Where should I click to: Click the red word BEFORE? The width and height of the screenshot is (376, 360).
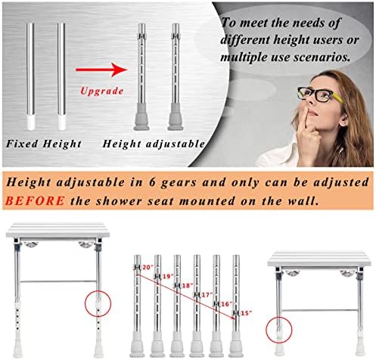pos(35,201)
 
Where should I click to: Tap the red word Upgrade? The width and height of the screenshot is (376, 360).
pos(102,91)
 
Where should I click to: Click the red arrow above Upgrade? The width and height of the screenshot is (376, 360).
pos(101,70)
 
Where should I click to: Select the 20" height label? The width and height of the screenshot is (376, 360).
pos(148,267)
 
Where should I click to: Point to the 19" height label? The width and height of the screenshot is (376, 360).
pos(168,276)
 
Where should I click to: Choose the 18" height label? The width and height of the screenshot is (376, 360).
pos(188,286)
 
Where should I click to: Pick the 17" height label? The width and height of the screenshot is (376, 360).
pos(207,294)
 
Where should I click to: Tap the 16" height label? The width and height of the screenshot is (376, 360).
pos(226,304)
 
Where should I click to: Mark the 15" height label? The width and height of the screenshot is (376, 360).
pos(246,313)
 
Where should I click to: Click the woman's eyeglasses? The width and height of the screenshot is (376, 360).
pos(319,95)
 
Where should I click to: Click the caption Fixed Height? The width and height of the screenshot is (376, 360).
pos(44,144)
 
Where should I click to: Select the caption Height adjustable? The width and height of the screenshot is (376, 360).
pos(154,144)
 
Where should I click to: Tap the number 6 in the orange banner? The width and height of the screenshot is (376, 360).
pos(152,182)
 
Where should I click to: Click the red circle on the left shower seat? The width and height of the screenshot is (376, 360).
pos(98,303)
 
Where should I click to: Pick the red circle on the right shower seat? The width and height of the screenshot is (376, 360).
pos(279,330)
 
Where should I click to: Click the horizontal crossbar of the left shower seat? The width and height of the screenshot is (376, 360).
pos(58,281)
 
